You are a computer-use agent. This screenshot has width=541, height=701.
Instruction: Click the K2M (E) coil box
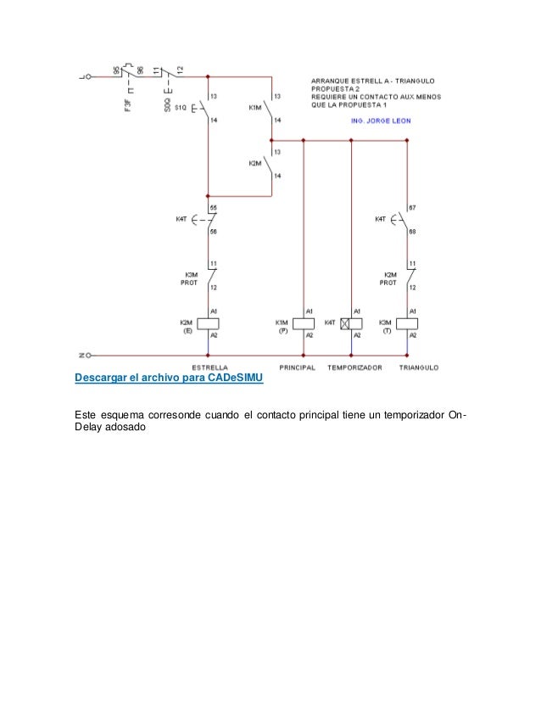pos(208,323)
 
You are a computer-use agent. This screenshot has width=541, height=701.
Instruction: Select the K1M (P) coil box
pos(303,323)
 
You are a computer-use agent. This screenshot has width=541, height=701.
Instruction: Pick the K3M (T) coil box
pos(407,323)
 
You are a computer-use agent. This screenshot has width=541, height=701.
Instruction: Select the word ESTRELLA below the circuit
pos(208,367)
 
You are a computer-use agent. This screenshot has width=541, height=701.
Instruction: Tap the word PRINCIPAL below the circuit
pos(297,367)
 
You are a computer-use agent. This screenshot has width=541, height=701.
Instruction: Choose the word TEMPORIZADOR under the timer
pos(355,367)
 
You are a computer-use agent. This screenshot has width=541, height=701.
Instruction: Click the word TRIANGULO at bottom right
pos(419,367)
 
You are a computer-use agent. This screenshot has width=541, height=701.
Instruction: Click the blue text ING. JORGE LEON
pos(381,121)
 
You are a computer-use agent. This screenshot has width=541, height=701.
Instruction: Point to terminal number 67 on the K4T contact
pos(413,209)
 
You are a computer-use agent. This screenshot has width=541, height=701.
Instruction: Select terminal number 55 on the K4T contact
pos(213,209)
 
